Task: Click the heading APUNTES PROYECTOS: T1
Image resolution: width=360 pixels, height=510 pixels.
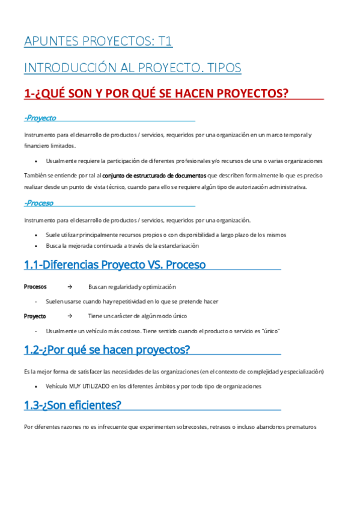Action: [x=99, y=41]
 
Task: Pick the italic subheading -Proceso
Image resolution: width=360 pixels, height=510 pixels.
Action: [x=39, y=203]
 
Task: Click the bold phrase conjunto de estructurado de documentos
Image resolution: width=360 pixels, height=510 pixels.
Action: [x=154, y=176]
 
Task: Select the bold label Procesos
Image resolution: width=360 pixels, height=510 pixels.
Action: [x=35, y=287]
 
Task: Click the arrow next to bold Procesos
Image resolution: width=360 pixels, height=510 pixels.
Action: [x=70, y=287]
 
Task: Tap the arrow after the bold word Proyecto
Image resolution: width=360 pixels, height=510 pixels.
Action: [x=70, y=316]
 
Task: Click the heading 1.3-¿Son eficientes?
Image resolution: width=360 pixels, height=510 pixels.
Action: [x=73, y=405]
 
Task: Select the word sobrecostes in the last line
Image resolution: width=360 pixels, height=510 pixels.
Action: [x=191, y=427]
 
